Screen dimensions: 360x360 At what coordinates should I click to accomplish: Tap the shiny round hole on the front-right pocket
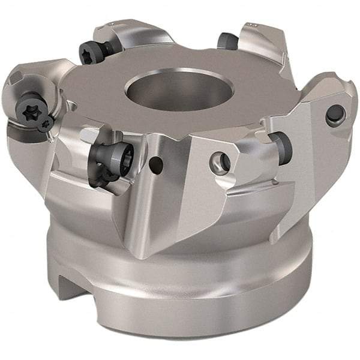[220, 161]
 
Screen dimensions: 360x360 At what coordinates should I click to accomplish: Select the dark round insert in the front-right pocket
[281, 143]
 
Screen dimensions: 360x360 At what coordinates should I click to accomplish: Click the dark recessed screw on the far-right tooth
[335, 115]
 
